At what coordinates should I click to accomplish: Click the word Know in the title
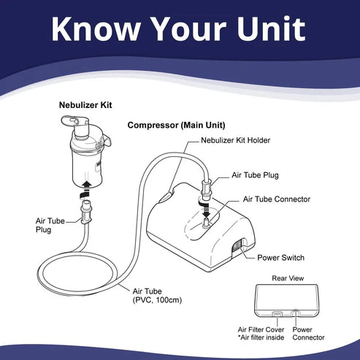pyautogui.click(x=96, y=28)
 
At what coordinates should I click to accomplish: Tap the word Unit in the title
pyautogui.click(x=271, y=28)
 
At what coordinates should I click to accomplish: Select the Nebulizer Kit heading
pyautogui.click(x=85, y=105)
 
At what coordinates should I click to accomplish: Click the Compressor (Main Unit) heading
pyautogui.click(x=176, y=125)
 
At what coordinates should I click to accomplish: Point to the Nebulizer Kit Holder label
pyautogui.click(x=236, y=140)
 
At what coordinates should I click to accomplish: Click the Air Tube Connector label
pyautogui.click(x=277, y=199)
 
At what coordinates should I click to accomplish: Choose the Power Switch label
pyautogui.click(x=280, y=258)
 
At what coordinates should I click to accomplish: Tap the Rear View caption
pyautogui.click(x=288, y=278)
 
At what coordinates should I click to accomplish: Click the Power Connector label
pyautogui.click(x=308, y=334)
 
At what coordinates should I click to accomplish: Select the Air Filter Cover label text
pyautogui.click(x=261, y=329)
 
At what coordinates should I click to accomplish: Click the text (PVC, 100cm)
pyautogui.click(x=157, y=300)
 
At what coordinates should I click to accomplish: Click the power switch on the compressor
pyautogui.click(x=237, y=245)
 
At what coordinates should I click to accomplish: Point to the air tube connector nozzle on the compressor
pyautogui.click(x=206, y=222)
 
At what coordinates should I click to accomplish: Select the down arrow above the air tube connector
pyautogui.click(x=207, y=210)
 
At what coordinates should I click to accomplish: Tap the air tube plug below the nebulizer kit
pyautogui.click(x=86, y=211)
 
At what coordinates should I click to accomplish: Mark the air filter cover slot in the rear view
pyautogui.click(x=277, y=314)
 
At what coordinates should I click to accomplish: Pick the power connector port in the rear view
pyautogui.click(x=295, y=313)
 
